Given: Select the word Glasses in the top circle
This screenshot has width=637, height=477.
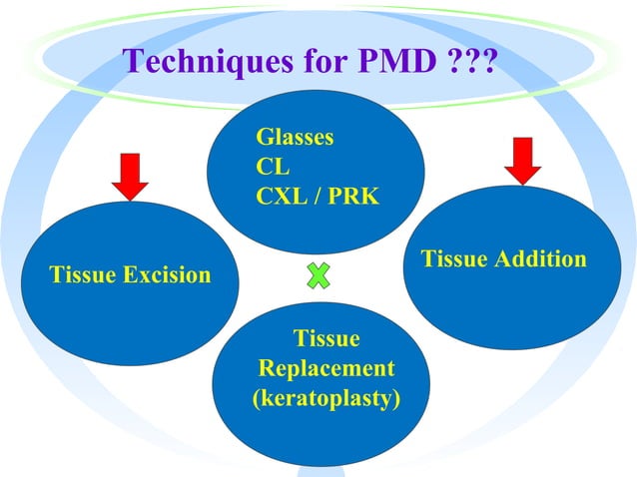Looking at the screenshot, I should [295, 137].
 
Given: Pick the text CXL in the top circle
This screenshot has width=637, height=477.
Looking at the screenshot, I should [282, 195].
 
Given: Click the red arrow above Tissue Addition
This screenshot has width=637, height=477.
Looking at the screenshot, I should [519, 160].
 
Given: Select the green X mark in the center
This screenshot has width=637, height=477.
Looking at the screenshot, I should [318, 275].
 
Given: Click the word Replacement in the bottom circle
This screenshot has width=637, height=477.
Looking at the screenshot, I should [326, 369].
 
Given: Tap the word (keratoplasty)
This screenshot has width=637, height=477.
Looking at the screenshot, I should [326, 400].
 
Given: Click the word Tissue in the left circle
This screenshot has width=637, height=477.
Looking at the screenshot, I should [83, 274].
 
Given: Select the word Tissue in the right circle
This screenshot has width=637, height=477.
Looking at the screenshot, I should [454, 259].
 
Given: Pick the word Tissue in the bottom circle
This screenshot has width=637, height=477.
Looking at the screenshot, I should [326, 338].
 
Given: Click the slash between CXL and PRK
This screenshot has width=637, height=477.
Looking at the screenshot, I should [318, 195].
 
